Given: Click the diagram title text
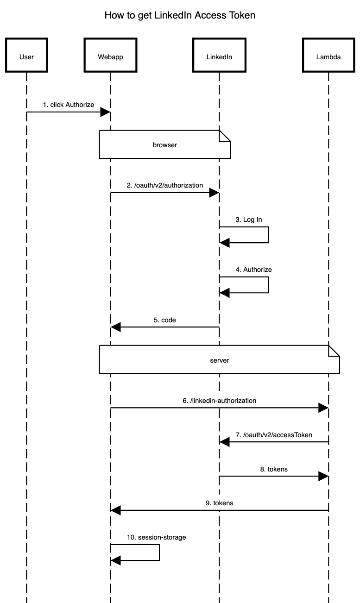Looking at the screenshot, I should point(180,16).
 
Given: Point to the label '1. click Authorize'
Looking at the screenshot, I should point(69,105).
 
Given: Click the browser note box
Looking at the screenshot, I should point(164,145).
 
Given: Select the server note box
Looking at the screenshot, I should point(220,359).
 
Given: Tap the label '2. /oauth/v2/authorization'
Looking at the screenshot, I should point(164,185).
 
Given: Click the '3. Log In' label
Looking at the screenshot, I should point(249,220).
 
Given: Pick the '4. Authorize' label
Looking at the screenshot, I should point(254,270).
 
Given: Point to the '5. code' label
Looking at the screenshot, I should point(165,320).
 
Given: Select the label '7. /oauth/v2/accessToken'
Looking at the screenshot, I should point(274,435).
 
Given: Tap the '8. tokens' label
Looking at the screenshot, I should point(274,469).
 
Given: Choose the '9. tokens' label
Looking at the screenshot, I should point(220,502).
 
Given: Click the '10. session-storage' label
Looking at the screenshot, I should point(157,537).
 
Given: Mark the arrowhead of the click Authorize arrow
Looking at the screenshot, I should point(105,112).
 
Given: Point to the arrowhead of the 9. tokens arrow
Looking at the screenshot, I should point(116,510).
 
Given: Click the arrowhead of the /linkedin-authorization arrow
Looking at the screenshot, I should point(323,408).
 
